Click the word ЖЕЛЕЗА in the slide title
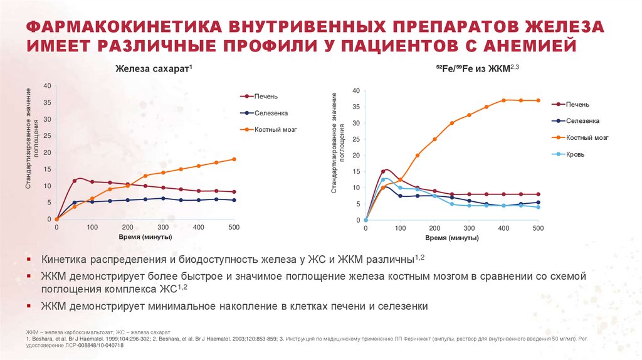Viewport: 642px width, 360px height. click(x=551, y=27)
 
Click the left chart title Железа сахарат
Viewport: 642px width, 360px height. click(x=153, y=70)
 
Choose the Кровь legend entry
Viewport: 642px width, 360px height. click(x=576, y=154)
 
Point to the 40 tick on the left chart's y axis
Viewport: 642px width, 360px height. click(x=48, y=85)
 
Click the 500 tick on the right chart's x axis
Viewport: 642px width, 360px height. click(x=538, y=229)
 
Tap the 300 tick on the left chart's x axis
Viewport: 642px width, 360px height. click(x=163, y=228)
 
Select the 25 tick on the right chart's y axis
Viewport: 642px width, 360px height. click(x=355, y=139)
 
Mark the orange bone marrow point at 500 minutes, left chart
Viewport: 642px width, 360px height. click(x=234, y=159)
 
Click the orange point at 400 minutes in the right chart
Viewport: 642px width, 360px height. click(x=503, y=100)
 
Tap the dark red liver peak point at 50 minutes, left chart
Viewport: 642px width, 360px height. click(x=74, y=181)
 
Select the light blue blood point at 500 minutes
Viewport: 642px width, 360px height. click(x=538, y=207)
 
